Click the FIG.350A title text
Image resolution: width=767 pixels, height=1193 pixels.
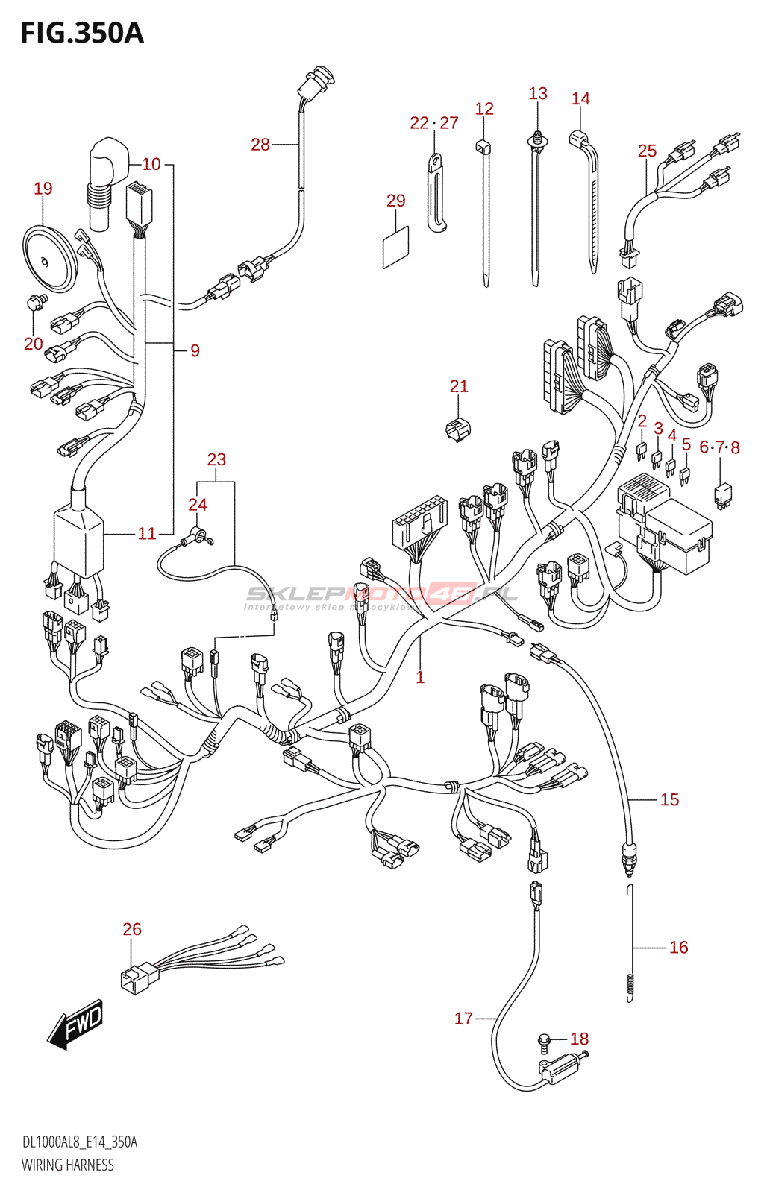click(82, 34)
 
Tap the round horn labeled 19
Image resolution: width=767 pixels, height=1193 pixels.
click(48, 259)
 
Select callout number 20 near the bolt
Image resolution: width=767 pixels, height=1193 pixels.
click(34, 344)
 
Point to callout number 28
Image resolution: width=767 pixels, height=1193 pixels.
click(260, 145)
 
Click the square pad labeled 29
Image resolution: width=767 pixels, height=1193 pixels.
click(395, 247)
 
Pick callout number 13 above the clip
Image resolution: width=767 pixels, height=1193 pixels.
click(538, 94)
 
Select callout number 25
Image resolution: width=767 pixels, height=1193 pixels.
click(647, 151)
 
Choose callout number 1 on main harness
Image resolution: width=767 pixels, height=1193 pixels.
click(420, 677)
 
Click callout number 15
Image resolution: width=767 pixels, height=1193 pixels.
click(669, 799)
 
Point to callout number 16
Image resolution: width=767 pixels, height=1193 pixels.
click(678, 947)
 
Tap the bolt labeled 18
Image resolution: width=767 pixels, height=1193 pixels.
click(545, 1039)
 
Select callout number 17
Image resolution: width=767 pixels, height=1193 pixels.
click(463, 1019)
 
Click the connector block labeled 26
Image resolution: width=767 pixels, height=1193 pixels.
click(138, 978)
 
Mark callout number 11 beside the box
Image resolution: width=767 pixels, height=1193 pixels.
click(147, 533)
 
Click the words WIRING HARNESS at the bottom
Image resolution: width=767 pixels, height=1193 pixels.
click(68, 1165)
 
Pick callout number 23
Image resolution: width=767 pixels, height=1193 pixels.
click(216, 459)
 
